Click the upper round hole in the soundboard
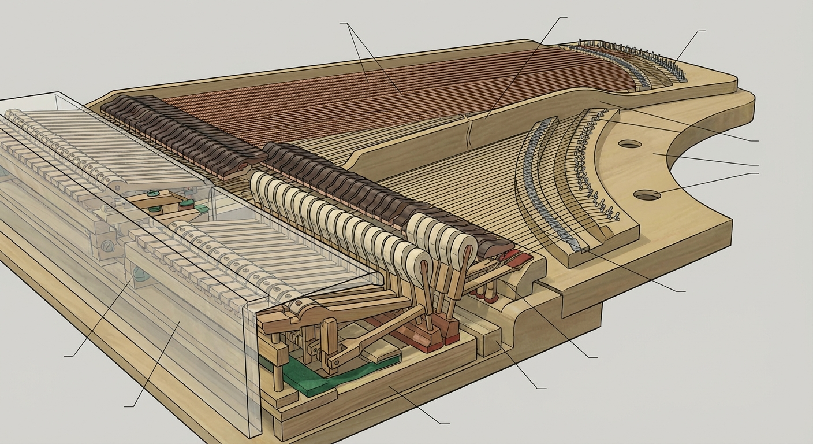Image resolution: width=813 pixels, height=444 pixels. (x=629, y=144)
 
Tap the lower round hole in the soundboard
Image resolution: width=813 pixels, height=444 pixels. (x=647, y=195)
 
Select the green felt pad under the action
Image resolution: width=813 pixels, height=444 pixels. (x=300, y=379)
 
